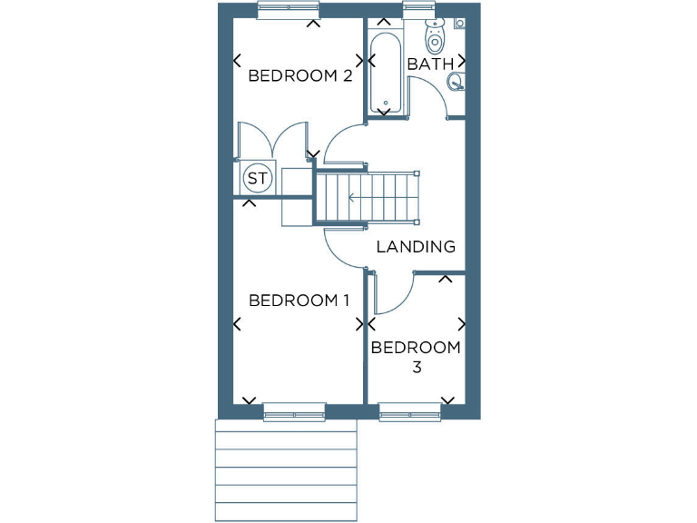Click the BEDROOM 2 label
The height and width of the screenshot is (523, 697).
[299, 76]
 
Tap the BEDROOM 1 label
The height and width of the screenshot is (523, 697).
[299, 301]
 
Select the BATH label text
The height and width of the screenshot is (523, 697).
[429, 64]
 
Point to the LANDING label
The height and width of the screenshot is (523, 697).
[415, 246]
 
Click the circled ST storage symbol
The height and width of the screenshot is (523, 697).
[258, 178]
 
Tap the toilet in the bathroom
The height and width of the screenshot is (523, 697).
[436, 36]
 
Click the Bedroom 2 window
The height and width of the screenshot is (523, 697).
[288, 9]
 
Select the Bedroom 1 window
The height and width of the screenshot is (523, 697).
[294, 413]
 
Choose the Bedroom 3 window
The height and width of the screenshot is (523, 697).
[410, 413]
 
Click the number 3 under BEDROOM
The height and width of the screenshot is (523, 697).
[417, 368]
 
